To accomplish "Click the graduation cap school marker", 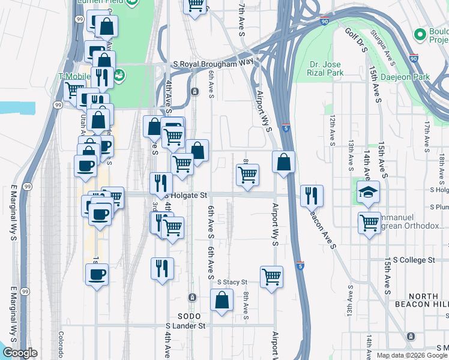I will pyautogui.click(x=368, y=192).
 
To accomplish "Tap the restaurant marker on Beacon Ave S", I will pyautogui.click(x=312, y=195).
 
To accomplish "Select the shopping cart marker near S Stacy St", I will pyautogui.click(x=271, y=277).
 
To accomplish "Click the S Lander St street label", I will pyautogui.click(x=186, y=326).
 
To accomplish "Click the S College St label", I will pyautogui.click(x=410, y=260).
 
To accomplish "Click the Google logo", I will pyautogui.click(x=20, y=353).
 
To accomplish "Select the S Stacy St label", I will pyautogui.click(x=232, y=281).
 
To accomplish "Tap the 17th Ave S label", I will pyautogui.click(x=427, y=134).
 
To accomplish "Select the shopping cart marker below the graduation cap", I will pyautogui.click(x=369, y=223).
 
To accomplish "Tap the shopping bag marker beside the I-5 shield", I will pyautogui.click(x=283, y=161).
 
